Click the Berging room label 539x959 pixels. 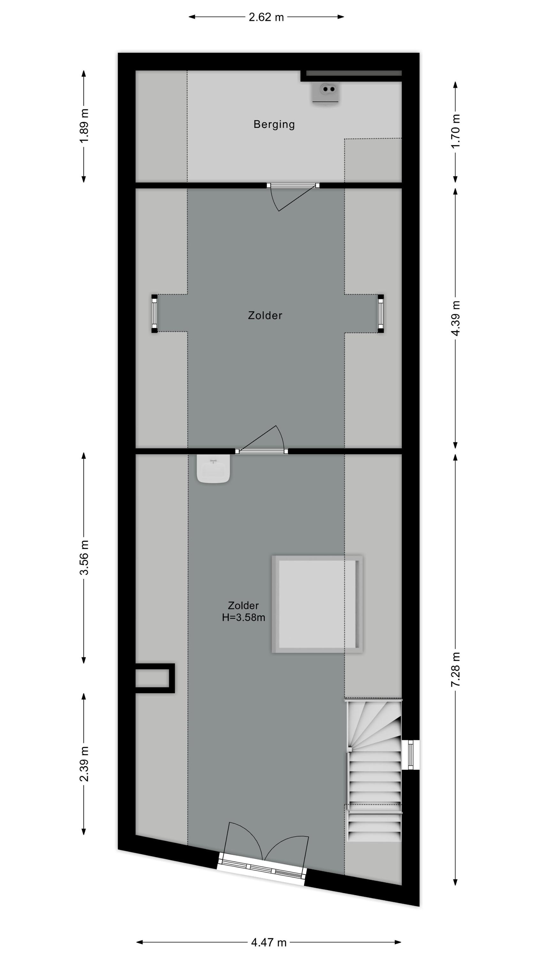point(274,124)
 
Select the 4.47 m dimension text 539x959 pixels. point(269,942)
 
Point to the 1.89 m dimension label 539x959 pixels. point(84,126)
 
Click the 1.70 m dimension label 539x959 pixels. point(456,131)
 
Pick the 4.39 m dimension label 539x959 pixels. point(456,318)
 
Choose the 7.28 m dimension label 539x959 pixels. point(456,669)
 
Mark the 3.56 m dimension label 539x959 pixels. point(84,557)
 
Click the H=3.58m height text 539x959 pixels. point(244,618)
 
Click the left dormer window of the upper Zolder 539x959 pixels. point(154,314)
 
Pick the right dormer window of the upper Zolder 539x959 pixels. point(381,314)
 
